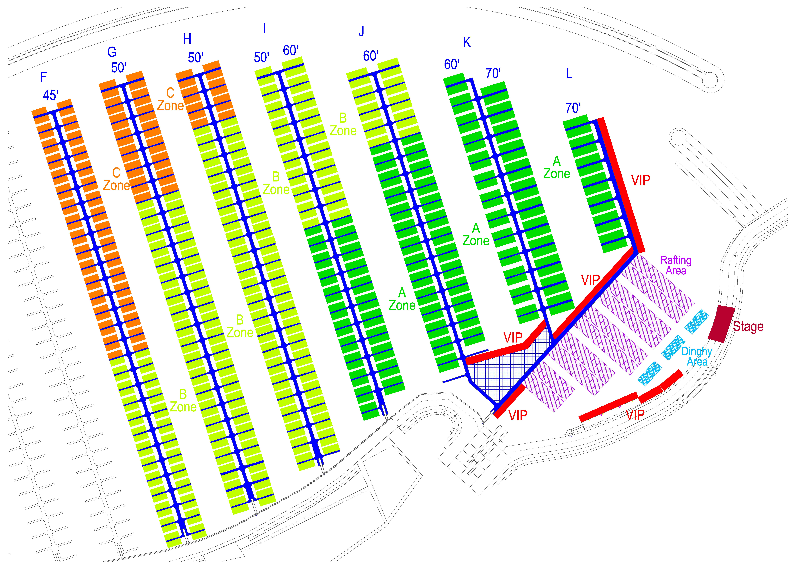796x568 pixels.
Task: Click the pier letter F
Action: (x=43, y=77)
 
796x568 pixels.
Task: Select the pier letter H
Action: (x=187, y=39)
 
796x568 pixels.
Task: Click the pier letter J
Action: (x=361, y=32)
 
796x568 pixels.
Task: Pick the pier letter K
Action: (x=467, y=42)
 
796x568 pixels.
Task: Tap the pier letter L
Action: (x=569, y=74)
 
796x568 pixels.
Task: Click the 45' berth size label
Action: (x=50, y=96)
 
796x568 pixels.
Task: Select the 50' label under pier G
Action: (x=119, y=68)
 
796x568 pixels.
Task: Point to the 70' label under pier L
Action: (x=573, y=108)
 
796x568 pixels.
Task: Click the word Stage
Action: (x=748, y=326)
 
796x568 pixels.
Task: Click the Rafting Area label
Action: (x=676, y=265)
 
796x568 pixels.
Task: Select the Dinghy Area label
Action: (x=697, y=356)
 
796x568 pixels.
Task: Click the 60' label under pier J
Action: (x=370, y=56)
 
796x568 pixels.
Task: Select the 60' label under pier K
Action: (x=452, y=65)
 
